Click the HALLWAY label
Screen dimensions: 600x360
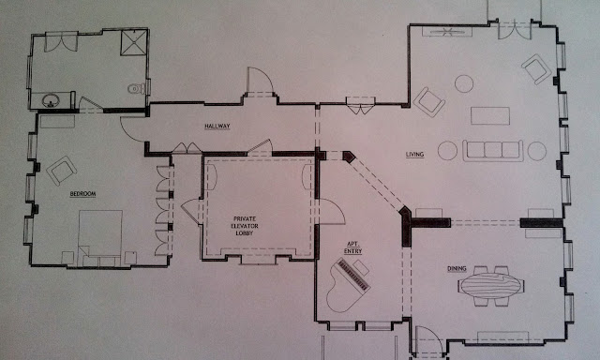click(x=217, y=127)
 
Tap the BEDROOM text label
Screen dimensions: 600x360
click(x=82, y=194)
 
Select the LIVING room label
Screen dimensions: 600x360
click(x=414, y=155)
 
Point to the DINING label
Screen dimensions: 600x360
click(x=457, y=268)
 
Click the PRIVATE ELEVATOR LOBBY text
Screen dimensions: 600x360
click(x=245, y=226)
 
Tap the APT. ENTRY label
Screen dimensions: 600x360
click(x=352, y=247)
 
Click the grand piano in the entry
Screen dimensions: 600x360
click(x=348, y=285)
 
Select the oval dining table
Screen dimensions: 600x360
click(x=490, y=286)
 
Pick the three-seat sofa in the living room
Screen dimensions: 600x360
click(x=492, y=151)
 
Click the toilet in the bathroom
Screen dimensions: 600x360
click(x=137, y=89)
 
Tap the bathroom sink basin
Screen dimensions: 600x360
click(x=51, y=101)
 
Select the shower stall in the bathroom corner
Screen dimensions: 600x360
click(x=134, y=42)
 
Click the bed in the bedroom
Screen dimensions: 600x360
click(x=100, y=238)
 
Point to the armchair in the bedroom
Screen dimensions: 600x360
click(x=61, y=171)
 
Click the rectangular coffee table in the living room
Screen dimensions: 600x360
click(x=490, y=115)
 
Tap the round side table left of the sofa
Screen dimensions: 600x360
click(x=447, y=151)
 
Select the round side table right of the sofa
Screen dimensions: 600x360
click(x=537, y=151)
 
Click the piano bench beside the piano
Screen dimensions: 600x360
click(x=361, y=267)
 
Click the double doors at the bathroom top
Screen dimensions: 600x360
click(x=61, y=42)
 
